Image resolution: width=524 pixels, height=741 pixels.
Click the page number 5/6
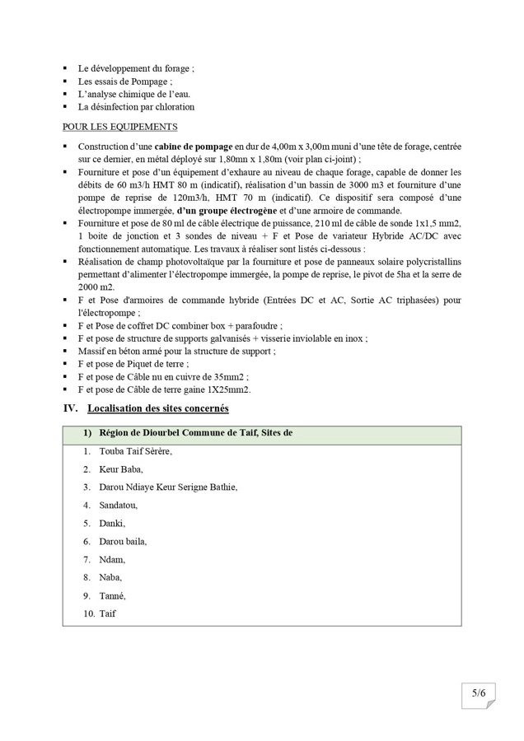tap(479, 693)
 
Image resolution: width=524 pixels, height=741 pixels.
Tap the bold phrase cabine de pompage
tap(197, 145)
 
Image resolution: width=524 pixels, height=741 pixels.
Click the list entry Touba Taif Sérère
tap(138, 451)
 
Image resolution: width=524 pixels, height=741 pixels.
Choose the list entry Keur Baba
tap(120, 469)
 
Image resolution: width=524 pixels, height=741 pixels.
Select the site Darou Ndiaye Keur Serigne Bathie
tap(167, 487)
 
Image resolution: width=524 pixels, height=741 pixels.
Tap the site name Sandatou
tap(118, 506)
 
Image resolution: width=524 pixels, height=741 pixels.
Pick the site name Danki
tap(112, 524)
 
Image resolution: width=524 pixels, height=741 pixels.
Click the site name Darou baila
tap(123, 542)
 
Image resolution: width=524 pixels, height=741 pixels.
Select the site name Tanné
tap(113, 596)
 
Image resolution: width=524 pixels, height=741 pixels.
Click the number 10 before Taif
tap(87, 614)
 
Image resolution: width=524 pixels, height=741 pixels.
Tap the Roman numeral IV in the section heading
tap(70, 408)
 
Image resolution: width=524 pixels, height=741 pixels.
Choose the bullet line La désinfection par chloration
tap(136, 107)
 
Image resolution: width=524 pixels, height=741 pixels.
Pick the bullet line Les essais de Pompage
tap(125, 82)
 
